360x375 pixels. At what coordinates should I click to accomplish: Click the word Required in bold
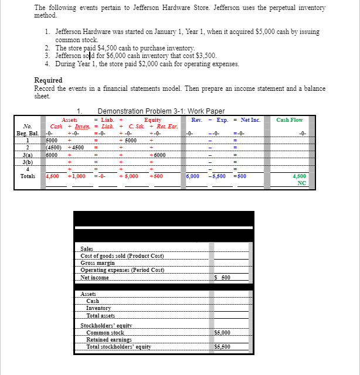48,80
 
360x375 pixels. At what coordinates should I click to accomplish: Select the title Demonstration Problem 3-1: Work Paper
161,111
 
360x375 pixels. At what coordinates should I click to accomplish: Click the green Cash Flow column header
290,120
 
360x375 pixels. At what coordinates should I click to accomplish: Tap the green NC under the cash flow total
301,182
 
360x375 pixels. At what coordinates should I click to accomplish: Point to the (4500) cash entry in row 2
56,147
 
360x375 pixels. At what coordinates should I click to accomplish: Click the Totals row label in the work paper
27,176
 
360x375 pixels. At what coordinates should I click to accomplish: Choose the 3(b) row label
27,161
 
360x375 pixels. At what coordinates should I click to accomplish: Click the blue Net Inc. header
250,120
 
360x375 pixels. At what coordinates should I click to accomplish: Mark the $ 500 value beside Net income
223,277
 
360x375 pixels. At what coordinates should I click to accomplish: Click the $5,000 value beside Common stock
223,332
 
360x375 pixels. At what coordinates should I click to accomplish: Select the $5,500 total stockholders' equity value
223,346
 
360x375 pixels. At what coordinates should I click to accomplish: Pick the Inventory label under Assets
99,308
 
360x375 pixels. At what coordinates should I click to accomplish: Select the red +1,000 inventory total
77,176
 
